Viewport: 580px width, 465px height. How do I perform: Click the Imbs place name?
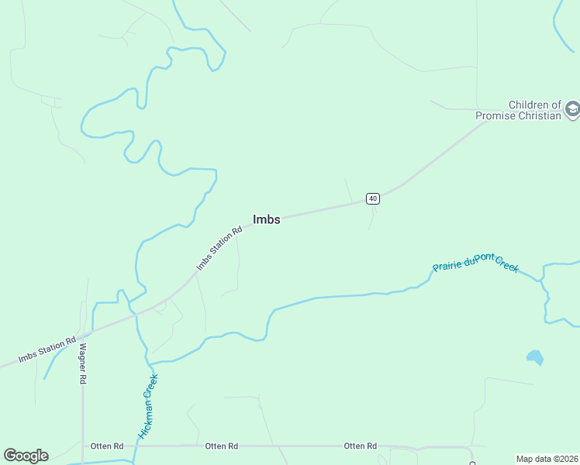(x=266, y=219)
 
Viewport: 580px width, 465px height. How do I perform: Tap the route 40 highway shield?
(x=373, y=198)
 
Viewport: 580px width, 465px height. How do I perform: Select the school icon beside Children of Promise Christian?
(x=572, y=109)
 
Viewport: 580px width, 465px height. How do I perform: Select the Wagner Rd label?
(x=82, y=364)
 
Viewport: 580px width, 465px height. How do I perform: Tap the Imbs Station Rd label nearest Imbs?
(x=219, y=248)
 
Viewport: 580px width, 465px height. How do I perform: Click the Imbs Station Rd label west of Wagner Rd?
(x=47, y=350)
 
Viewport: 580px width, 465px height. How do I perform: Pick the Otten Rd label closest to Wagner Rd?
(x=107, y=446)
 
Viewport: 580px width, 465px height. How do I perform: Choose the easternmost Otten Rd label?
(x=360, y=446)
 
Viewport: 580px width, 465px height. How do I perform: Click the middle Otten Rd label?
(x=221, y=446)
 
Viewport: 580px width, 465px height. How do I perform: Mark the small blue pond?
(x=534, y=357)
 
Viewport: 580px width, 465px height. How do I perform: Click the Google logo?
(x=26, y=456)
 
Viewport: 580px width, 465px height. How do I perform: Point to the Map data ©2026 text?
(x=547, y=458)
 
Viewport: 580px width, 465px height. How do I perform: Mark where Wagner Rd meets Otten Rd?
(x=83, y=446)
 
